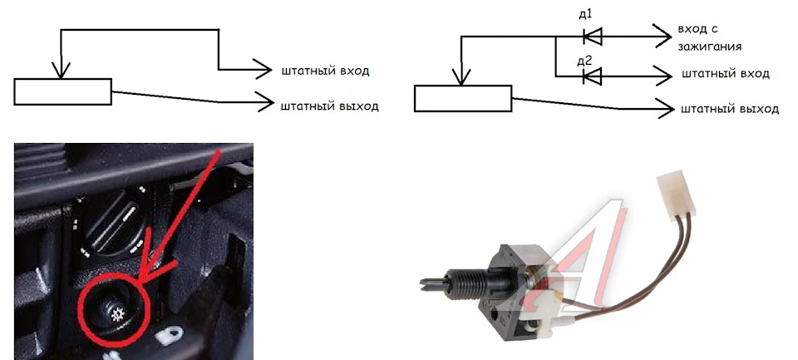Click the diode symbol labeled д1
point(593,36)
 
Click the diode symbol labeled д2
point(593,76)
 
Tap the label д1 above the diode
point(585,14)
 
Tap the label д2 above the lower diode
point(585,61)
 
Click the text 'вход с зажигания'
point(709,37)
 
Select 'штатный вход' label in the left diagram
point(325,71)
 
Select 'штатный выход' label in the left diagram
point(330,106)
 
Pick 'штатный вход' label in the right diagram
point(725,74)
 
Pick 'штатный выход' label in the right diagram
point(730,110)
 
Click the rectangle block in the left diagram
point(62,91)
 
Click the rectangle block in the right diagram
point(463,98)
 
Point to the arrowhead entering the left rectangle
point(61,71)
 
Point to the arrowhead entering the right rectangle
point(461,76)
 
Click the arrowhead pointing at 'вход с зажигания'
point(664,36)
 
